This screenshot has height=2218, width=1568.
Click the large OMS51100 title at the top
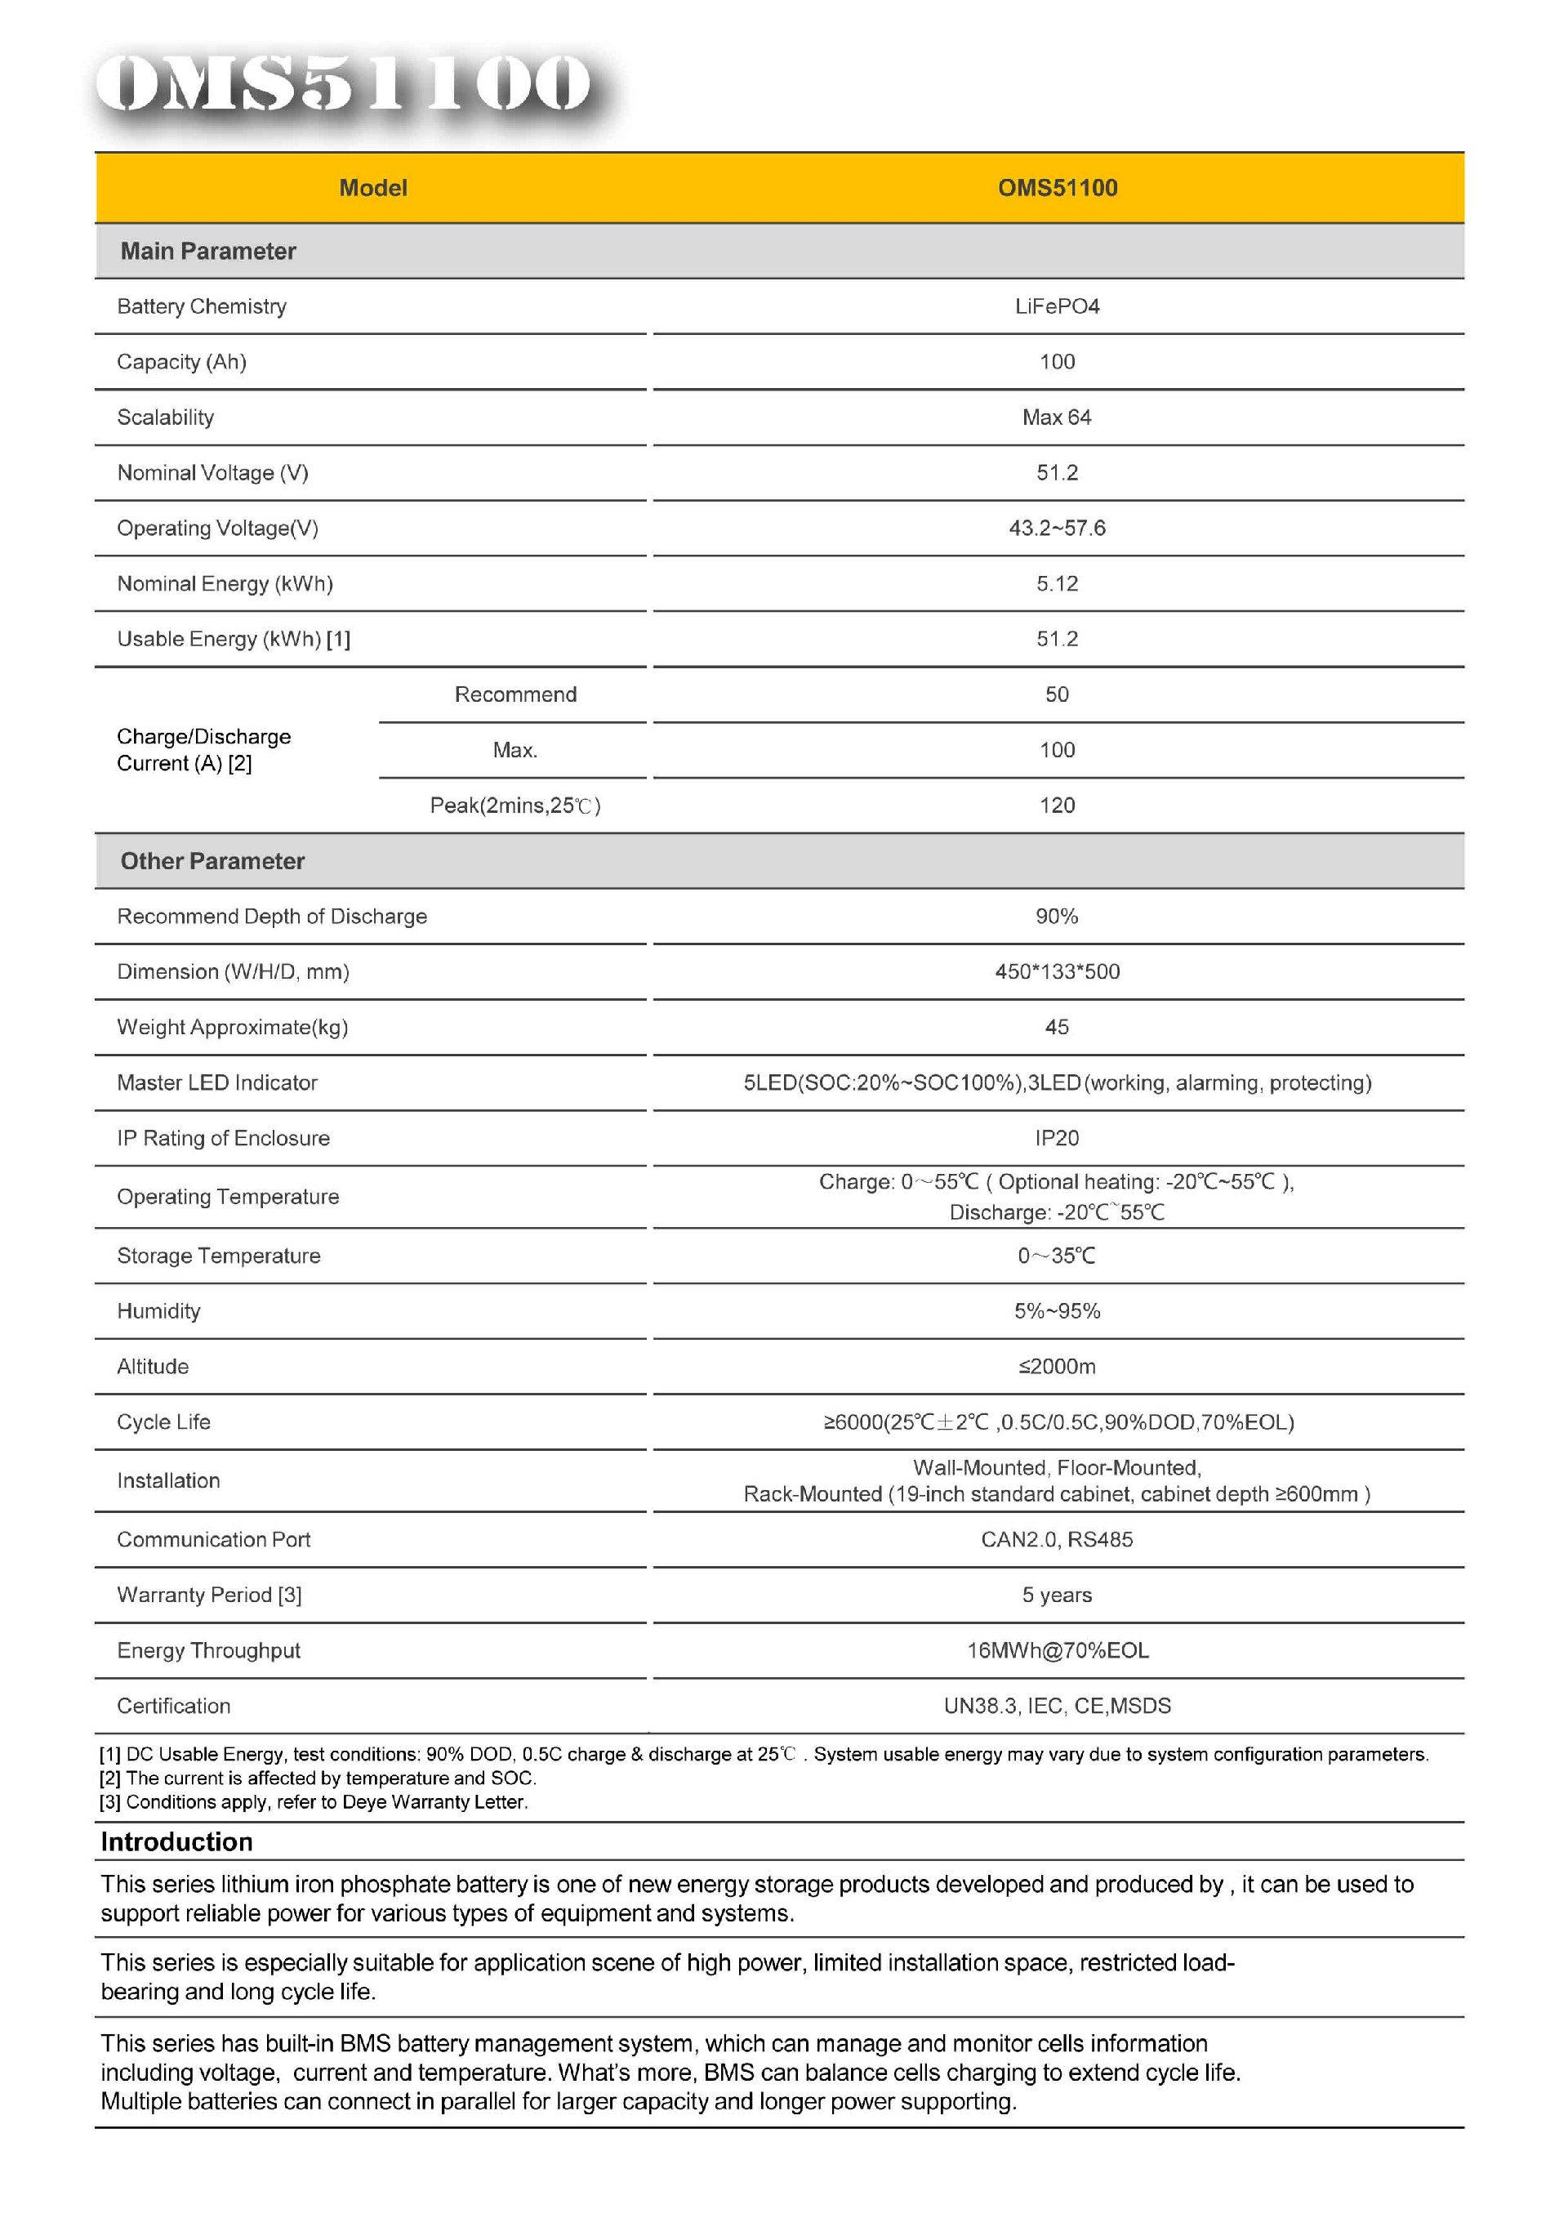tap(343, 84)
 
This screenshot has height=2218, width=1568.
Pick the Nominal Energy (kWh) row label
tap(225, 583)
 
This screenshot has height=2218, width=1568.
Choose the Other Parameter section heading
tap(212, 861)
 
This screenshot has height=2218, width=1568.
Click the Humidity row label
tap(158, 1311)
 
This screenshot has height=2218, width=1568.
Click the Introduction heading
tap(176, 1842)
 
